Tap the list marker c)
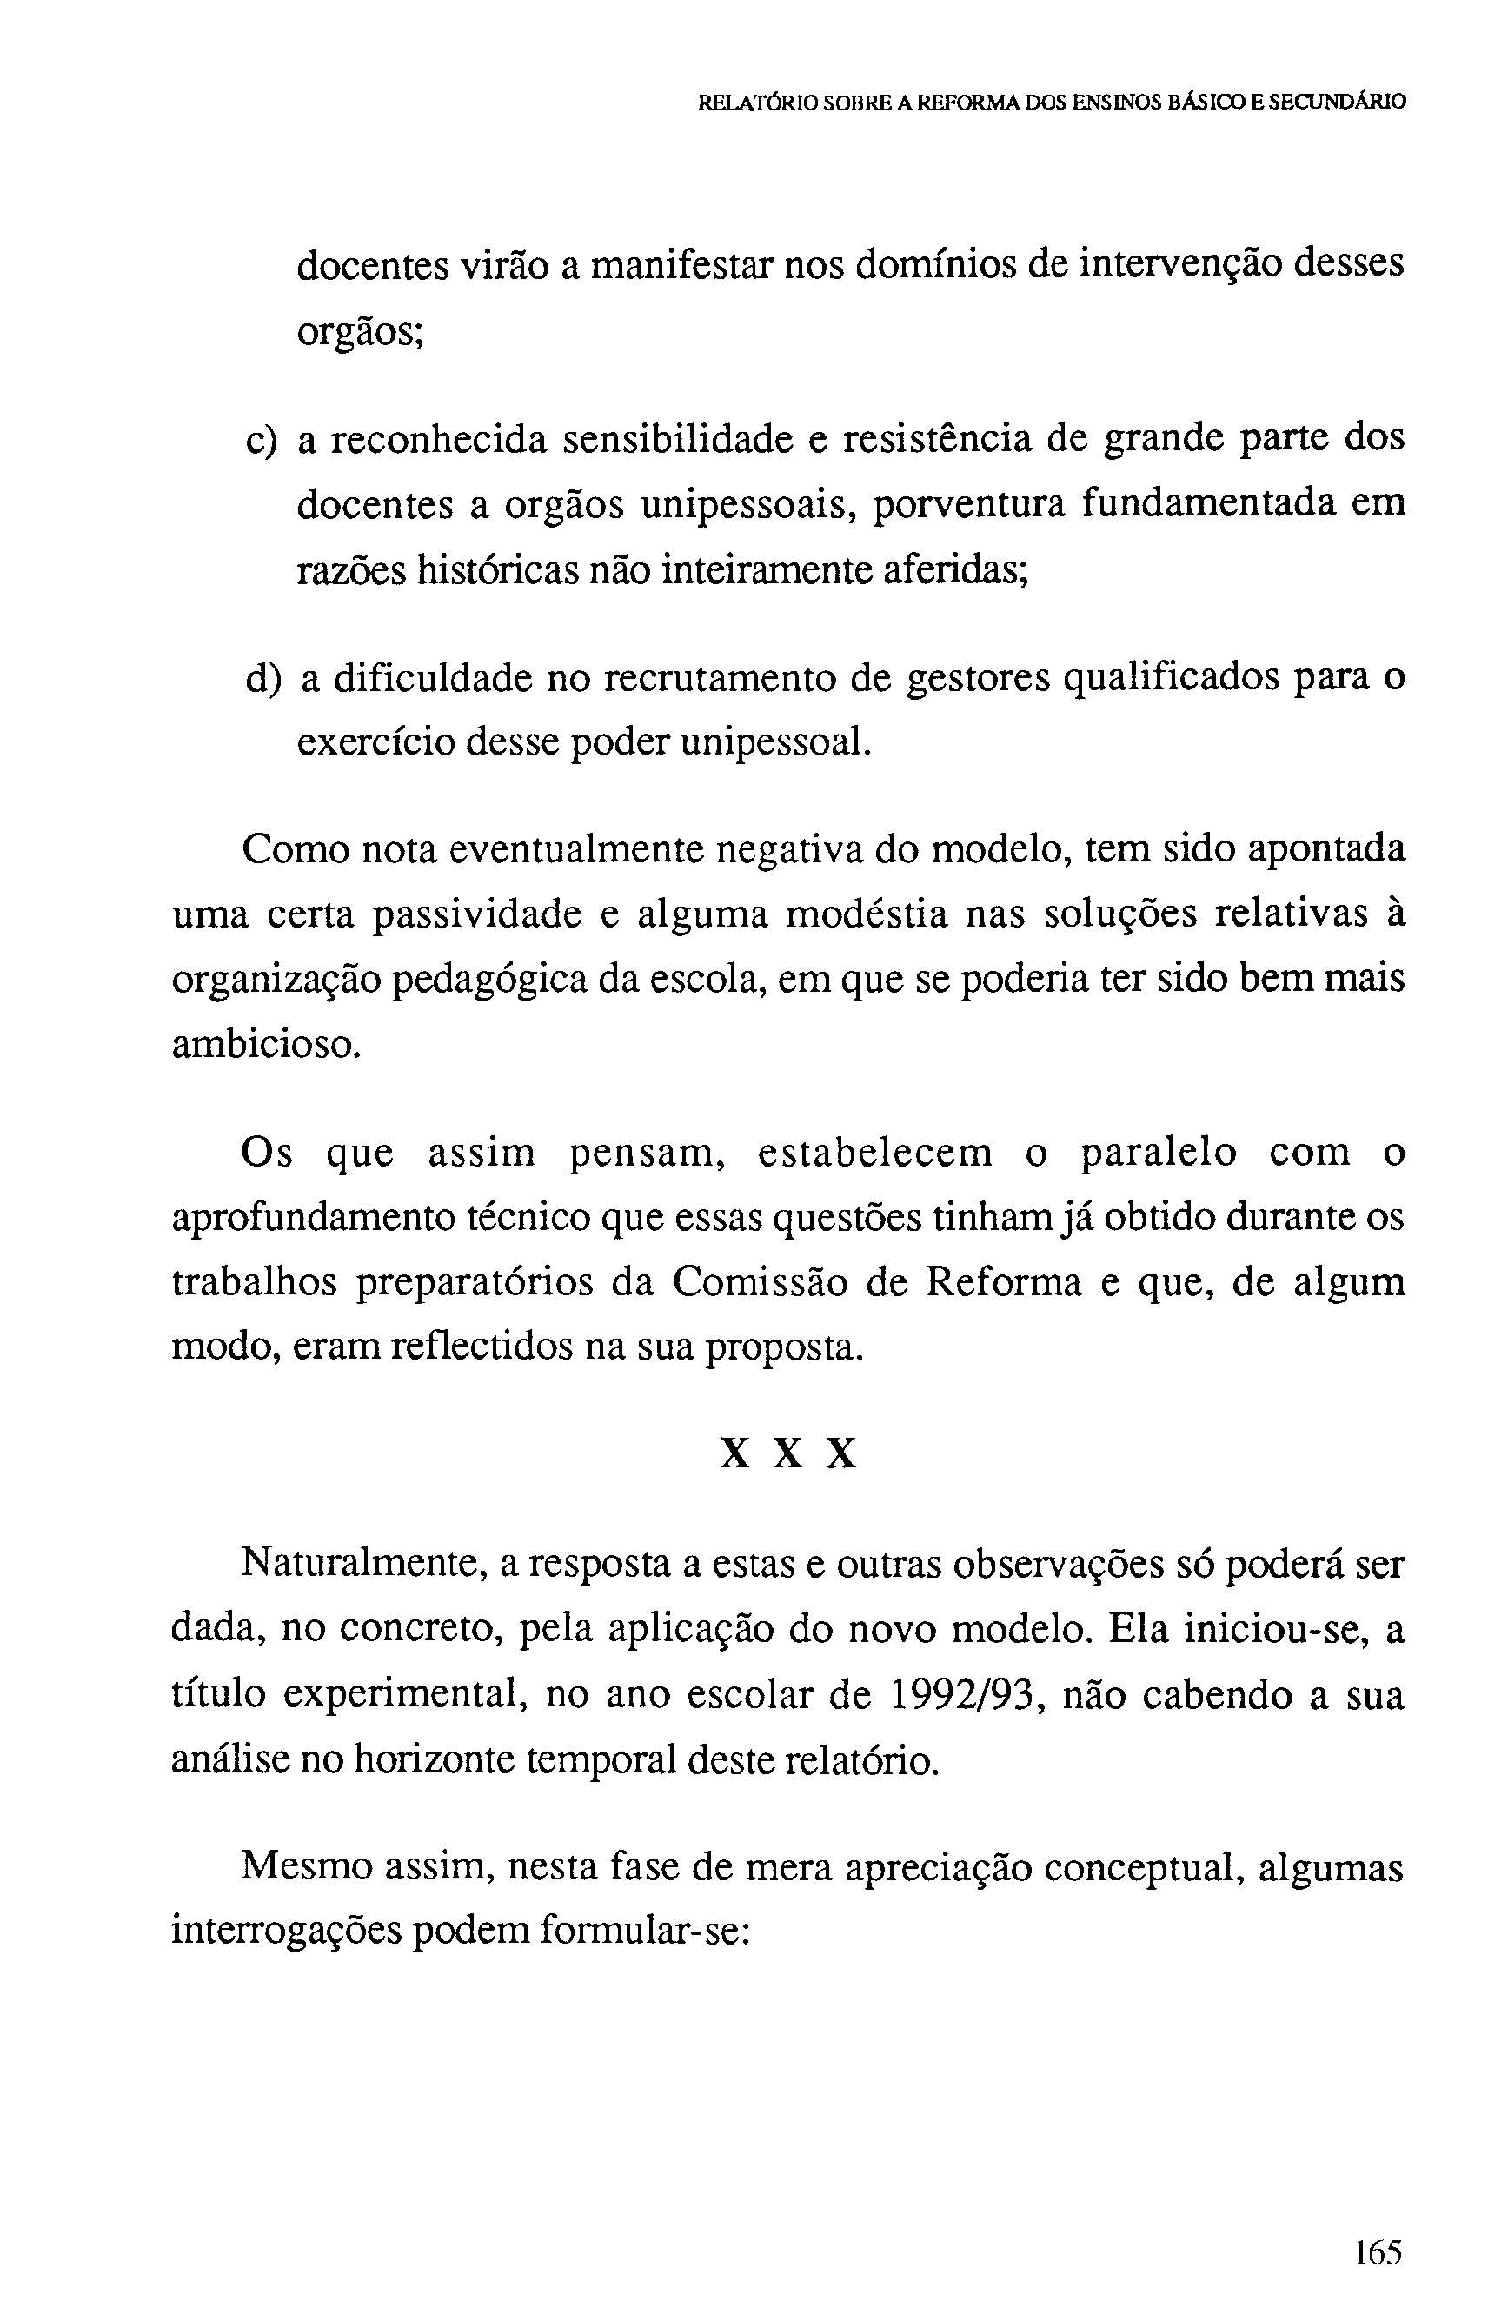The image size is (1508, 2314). tap(262, 442)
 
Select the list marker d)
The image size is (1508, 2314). tap(262, 678)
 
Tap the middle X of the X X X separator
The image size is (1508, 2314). tap(788, 1454)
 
